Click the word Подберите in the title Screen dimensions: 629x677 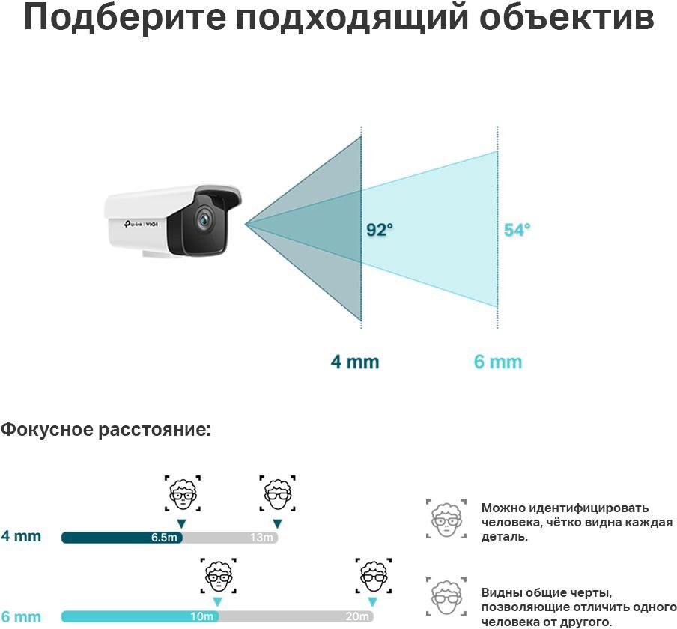coord(120,18)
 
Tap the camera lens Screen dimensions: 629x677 coord(204,219)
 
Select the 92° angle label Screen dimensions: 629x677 coord(379,230)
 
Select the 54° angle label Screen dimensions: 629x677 coord(517,230)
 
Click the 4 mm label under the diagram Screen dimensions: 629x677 coord(355,362)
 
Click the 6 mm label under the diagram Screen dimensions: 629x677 coord(498,362)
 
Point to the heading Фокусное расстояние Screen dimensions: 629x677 coord(106,430)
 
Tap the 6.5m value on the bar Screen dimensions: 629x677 coord(165,538)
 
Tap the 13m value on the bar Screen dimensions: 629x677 coord(261,538)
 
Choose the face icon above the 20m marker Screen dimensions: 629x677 coord(372,575)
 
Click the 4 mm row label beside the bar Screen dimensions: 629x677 coord(21,537)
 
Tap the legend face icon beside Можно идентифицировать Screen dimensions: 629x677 coord(445,519)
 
